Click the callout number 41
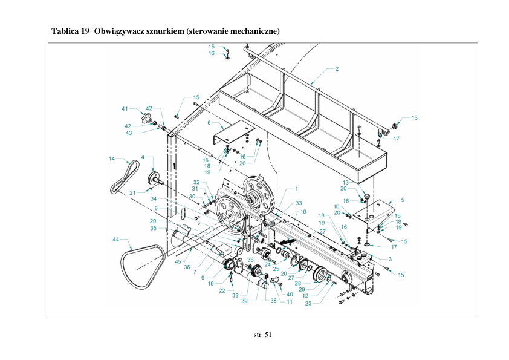point(125,109)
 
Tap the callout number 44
point(115,240)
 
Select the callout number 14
point(112,159)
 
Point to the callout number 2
point(336,69)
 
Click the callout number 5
point(403,199)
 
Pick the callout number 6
point(209,122)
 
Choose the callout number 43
point(129,132)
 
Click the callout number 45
point(178,261)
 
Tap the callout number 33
point(299,203)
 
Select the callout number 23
point(308,303)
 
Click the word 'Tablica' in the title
point(65,30)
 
